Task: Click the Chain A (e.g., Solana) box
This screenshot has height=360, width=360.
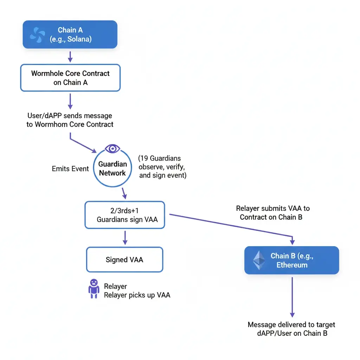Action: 70,34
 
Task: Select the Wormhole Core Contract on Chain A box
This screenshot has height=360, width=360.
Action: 70,78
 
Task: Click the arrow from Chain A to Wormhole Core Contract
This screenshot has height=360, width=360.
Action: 70,57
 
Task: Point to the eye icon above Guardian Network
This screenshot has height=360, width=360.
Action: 112,148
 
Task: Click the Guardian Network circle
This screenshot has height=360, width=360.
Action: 112,168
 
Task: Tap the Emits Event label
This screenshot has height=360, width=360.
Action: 70,169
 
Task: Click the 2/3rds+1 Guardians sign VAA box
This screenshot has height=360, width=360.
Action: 125,215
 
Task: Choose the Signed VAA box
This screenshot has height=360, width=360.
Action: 124,260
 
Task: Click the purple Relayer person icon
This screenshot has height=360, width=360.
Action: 94,288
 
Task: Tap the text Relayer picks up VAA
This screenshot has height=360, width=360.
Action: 137,295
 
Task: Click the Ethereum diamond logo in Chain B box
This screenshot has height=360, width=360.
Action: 259,260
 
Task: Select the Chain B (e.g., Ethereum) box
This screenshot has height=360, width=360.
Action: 292,261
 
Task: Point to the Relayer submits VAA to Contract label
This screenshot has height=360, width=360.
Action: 273,213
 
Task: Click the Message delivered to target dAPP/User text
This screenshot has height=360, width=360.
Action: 291,329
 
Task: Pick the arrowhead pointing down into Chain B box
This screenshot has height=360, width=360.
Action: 292,242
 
